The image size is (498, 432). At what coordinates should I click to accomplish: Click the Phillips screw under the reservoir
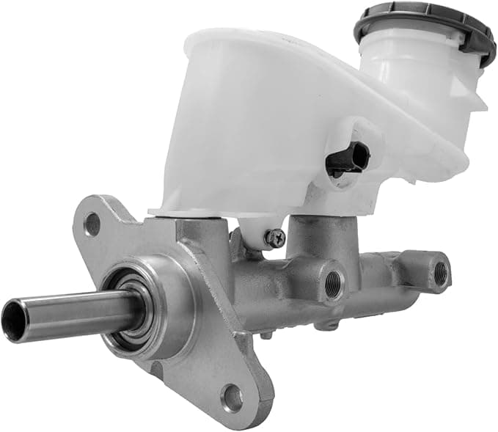tap(276, 237)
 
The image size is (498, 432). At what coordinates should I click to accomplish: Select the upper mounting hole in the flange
tap(92, 224)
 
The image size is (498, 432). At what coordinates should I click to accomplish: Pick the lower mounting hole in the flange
tap(232, 398)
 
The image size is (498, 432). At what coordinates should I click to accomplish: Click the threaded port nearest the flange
tap(333, 281)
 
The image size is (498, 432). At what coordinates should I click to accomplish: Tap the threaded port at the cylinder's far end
tap(440, 273)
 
